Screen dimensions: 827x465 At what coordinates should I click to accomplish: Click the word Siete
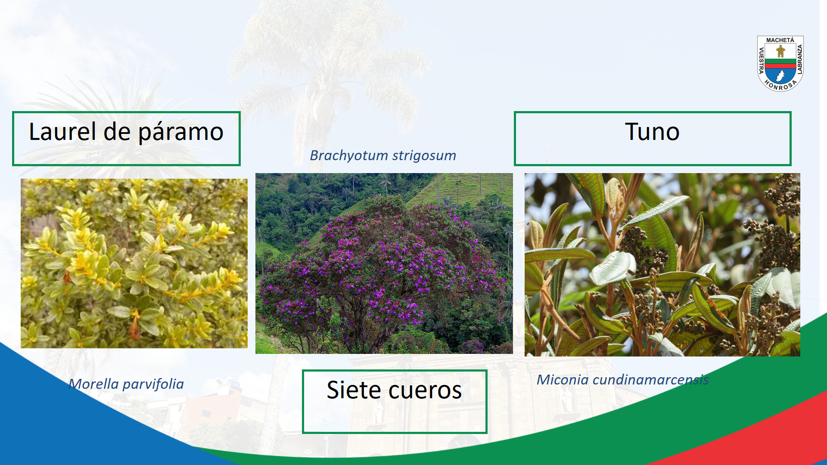[x=354, y=390]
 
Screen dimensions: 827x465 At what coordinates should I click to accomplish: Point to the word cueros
[x=425, y=391]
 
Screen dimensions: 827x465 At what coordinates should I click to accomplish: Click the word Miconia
[x=563, y=380]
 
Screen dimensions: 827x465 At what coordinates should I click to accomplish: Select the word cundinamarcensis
[x=650, y=380]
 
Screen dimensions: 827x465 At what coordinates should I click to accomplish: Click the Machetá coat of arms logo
[x=780, y=63]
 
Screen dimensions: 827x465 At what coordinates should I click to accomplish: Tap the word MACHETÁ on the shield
[x=780, y=40]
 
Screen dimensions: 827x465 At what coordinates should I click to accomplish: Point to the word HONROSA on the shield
[x=780, y=85]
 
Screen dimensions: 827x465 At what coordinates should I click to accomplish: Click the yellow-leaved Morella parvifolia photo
[x=134, y=263]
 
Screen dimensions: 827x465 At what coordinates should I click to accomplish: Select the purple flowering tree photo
[x=384, y=263]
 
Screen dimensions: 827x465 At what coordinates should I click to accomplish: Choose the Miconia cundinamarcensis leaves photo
[x=662, y=265]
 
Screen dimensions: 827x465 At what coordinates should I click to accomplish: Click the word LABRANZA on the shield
[x=800, y=60]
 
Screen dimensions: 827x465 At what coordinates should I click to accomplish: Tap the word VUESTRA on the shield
[x=761, y=61]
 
